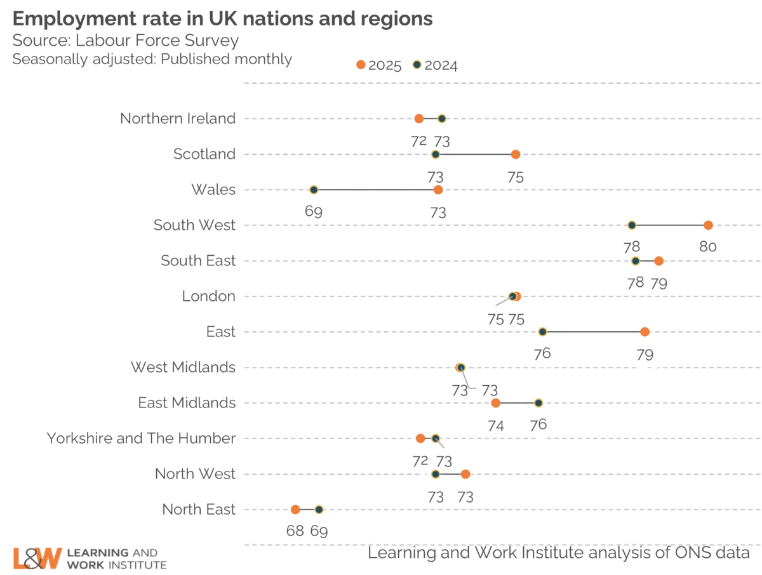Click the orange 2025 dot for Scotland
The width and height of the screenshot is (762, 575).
tap(516, 154)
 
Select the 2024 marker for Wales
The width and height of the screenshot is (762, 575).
tap(313, 190)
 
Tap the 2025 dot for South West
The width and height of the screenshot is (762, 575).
tap(709, 225)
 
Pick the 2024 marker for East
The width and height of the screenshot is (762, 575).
tap(542, 332)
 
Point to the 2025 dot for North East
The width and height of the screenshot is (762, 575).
tap(295, 510)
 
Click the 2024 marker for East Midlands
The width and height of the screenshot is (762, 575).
tap(538, 403)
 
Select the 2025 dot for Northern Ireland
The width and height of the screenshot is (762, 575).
tap(418, 119)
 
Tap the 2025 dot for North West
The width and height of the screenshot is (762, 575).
tap(465, 474)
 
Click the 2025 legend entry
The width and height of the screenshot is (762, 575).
tap(379, 65)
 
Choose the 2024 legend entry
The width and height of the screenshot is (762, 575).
tap(435, 65)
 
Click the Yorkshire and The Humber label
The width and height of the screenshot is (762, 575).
tap(141, 439)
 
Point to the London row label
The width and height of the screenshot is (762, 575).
tap(208, 296)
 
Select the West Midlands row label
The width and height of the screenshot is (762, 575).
tap(183, 367)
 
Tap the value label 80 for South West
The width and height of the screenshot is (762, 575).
tap(709, 248)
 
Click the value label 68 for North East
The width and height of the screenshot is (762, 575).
tap(295, 531)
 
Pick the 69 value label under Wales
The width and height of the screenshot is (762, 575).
tap(313, 212)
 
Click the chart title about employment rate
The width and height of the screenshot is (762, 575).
tap(222, 19)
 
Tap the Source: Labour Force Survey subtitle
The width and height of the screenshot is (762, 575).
tap(126, 41)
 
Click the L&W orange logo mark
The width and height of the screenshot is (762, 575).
tap(37, 558)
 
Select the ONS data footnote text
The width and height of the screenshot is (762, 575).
tap(559, 553)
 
